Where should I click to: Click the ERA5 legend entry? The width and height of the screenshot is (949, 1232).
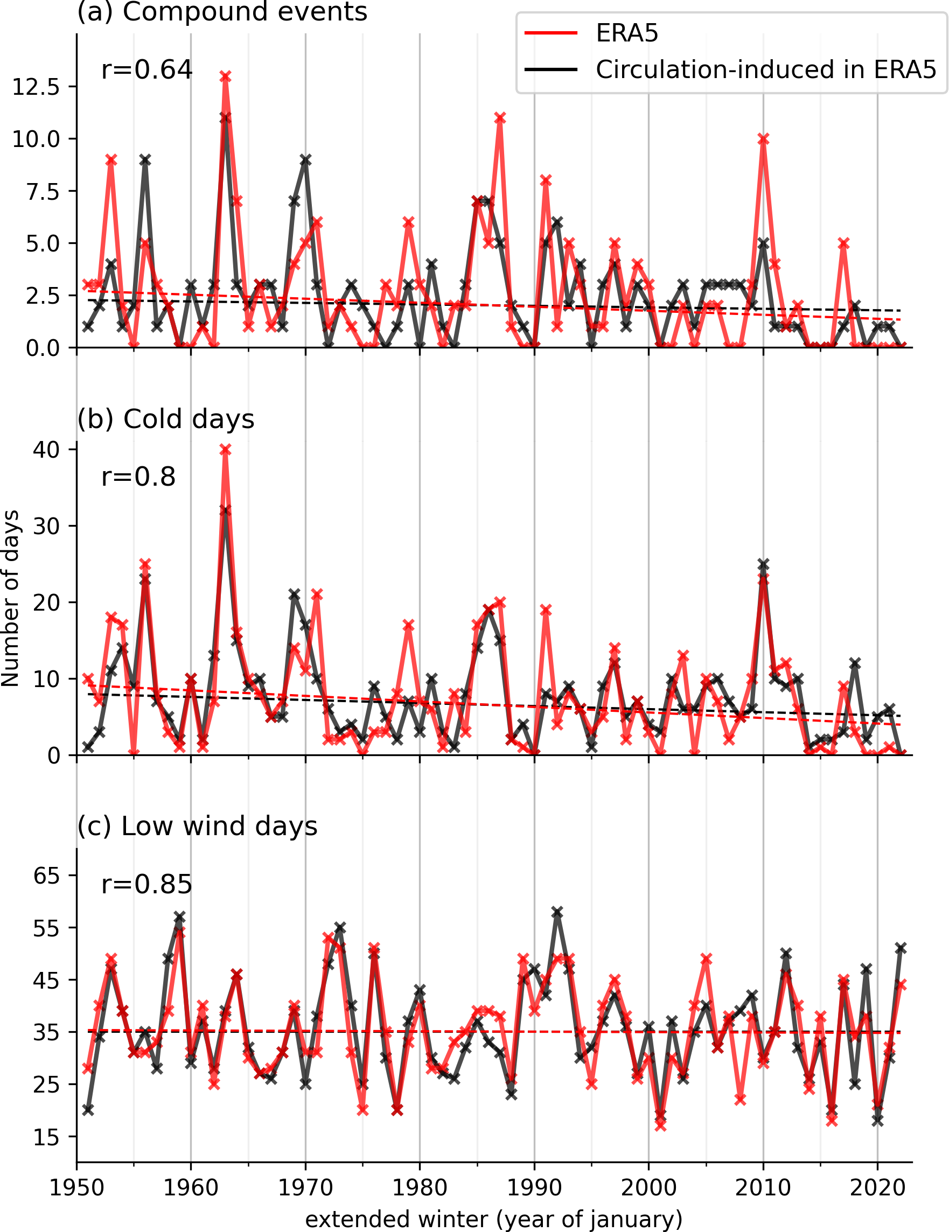tap(626, 34)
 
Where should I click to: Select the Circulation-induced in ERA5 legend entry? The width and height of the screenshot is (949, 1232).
tap(765, 70)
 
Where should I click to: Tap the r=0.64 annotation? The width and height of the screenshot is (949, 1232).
tap(146, 70)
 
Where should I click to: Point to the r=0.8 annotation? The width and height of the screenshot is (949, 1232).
tap(138, 477)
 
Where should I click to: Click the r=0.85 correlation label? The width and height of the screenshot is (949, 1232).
tap(146, 884)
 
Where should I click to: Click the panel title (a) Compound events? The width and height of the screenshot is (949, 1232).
tap(222, 11)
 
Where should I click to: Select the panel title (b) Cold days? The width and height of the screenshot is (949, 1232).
tap(166, 419)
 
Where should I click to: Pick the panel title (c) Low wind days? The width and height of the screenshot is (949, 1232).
tap(198, 827)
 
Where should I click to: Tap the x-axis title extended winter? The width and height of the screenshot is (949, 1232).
tap(494, 1219)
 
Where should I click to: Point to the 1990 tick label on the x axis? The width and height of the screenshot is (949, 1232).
tap(534, 1187)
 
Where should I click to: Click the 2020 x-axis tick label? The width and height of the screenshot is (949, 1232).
tap(877, 1187)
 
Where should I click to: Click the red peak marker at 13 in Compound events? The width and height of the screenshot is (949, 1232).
tap(226, 76)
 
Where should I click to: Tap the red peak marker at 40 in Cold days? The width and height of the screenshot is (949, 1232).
tap(226, 450)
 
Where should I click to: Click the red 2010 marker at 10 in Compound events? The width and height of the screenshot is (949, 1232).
tap(763, 139)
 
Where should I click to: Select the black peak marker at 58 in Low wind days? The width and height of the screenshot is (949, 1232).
tap(557, 912)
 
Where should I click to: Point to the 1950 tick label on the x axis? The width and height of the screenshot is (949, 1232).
tap(76, 1187)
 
